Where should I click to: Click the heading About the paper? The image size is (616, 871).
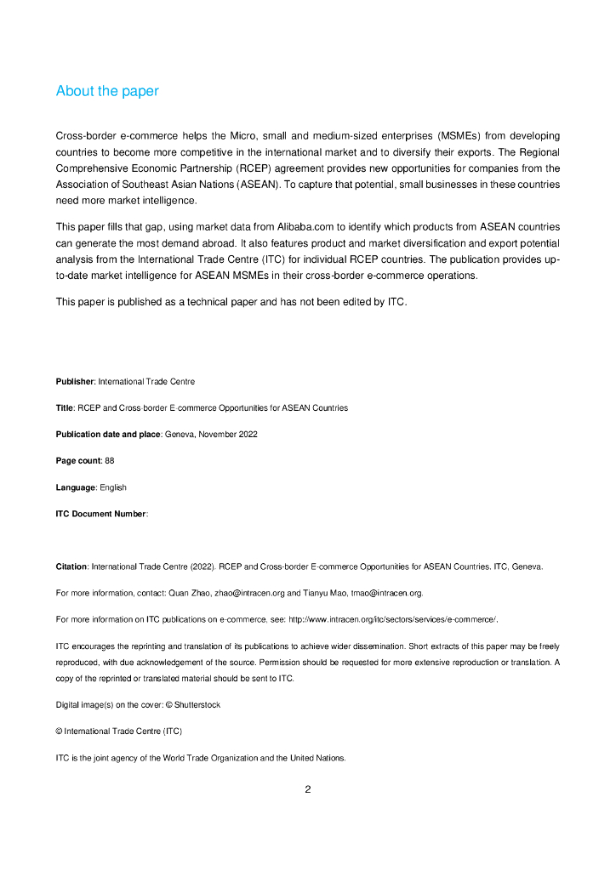[x=107, y=91]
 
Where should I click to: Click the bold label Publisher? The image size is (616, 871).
[x=75, y=382]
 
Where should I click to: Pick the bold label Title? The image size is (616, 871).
[x=65, y=408]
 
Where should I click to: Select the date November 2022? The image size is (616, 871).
[x=228, y=435]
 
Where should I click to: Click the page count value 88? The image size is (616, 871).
[x=109, y=461]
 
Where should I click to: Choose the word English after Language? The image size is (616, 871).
[x=112, y=487]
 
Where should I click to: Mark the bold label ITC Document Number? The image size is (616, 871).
[x=100, y=514]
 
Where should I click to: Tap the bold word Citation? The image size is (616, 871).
[x=71, y=566]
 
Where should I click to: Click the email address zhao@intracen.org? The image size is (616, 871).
[x=248, y=593]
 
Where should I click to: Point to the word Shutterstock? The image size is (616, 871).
[x=197, y=705]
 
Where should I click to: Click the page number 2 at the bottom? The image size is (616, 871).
[x=308, y=789]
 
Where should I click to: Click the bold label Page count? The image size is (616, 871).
[x=79, y=461]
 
